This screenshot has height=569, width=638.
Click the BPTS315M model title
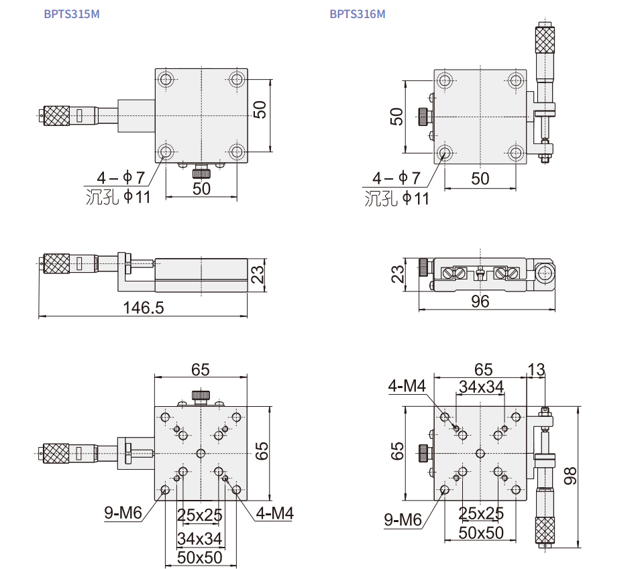(x=72, y=14)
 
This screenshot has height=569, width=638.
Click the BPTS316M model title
(x=358, y=14)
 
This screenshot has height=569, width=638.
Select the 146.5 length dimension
(x=143, y=308)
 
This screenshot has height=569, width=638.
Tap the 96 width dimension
(x=480, y=302)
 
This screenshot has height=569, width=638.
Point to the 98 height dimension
(x=570, y=476)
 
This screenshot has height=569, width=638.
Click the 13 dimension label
(x=536, y=369)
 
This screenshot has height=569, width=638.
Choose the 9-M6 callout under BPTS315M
(x=123, y=513)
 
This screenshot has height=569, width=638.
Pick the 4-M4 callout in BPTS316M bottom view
(x=407, y=386)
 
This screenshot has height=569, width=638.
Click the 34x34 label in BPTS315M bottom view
(x=199, y=539)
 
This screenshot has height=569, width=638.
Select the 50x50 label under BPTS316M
(x=481, y=533)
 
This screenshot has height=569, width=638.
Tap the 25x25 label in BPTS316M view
(x=481, y=513)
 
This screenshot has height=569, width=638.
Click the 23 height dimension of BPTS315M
(x=258, y=274)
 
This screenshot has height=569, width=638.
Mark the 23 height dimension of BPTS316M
(x=398, y=274)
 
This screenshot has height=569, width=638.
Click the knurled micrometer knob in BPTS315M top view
(x=56, y=116)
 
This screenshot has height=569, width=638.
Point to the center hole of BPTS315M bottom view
(x=201, y=453)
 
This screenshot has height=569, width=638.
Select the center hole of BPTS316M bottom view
(x=480, y=453)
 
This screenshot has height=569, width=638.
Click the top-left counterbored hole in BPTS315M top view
(x=166, y=79)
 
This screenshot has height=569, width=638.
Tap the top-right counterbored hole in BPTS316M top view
(x=515, y=80)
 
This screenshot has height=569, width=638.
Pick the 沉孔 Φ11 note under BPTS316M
(x=396, y=199)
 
